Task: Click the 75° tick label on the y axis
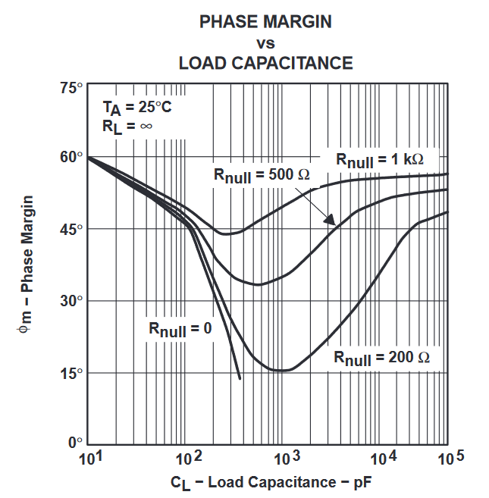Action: pyautogui.click(x=71, y=89)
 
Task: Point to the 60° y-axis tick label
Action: pyautogui.click(x=71, y=157)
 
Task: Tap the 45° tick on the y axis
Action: pyautogui.click(x=71, y=229)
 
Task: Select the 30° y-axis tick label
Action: pyautogui.click(x=71, y=301)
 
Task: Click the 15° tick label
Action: pyautogui.click(x=71, y=373)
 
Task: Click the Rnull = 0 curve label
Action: pyautogui.click(x=180, y=329)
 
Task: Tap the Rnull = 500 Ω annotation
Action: pyautogui.click(x=262, y=175)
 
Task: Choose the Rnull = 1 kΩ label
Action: pyautogui.click(x=379, y=160)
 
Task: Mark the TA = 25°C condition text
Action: pyautogui.click(x=136, y=108)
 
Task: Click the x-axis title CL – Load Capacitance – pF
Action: pyautogui.click(x=271, y=482)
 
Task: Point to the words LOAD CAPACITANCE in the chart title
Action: pyautogui.click(x=265, y=62)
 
